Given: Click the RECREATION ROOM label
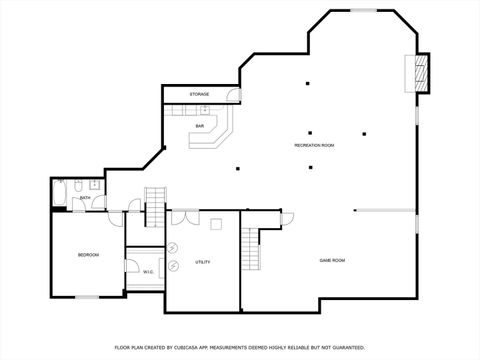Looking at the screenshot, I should pyautogui.click(x=314, y=146).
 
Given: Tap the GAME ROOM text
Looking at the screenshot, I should pyautogui.click(x=332, y=260).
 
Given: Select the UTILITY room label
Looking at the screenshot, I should pyautogui.click(x=202, y=262).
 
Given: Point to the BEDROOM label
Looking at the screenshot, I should pyautogui.click(x=88, y=255).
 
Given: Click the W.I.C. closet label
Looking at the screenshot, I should pyautogui.click(x=148, y=271).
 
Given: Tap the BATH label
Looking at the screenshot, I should pyautogui.click(x=86, y=198).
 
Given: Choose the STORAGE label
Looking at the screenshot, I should pyautogui.click(x=200, y=94).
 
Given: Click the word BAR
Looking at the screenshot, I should pyautogui.click(x=200, y=126).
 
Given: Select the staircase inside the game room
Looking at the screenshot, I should pyautogui.click(x=252, y=247).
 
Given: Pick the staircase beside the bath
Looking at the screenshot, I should pyautogui.click(x=155, y=206).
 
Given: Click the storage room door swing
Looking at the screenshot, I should pyautogui.click(x=233, y=96).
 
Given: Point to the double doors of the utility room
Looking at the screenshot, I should pyautogui.click(x=184, y=216).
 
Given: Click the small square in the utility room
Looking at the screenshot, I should pyautogui.click(x=217, y=223).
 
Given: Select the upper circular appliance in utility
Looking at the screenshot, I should pyautogui.click(x=174, y=247).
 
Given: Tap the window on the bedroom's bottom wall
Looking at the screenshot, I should pyautogui.click(x=89, y=297).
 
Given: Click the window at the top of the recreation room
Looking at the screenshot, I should pyautogui.click(x=363, y=10).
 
